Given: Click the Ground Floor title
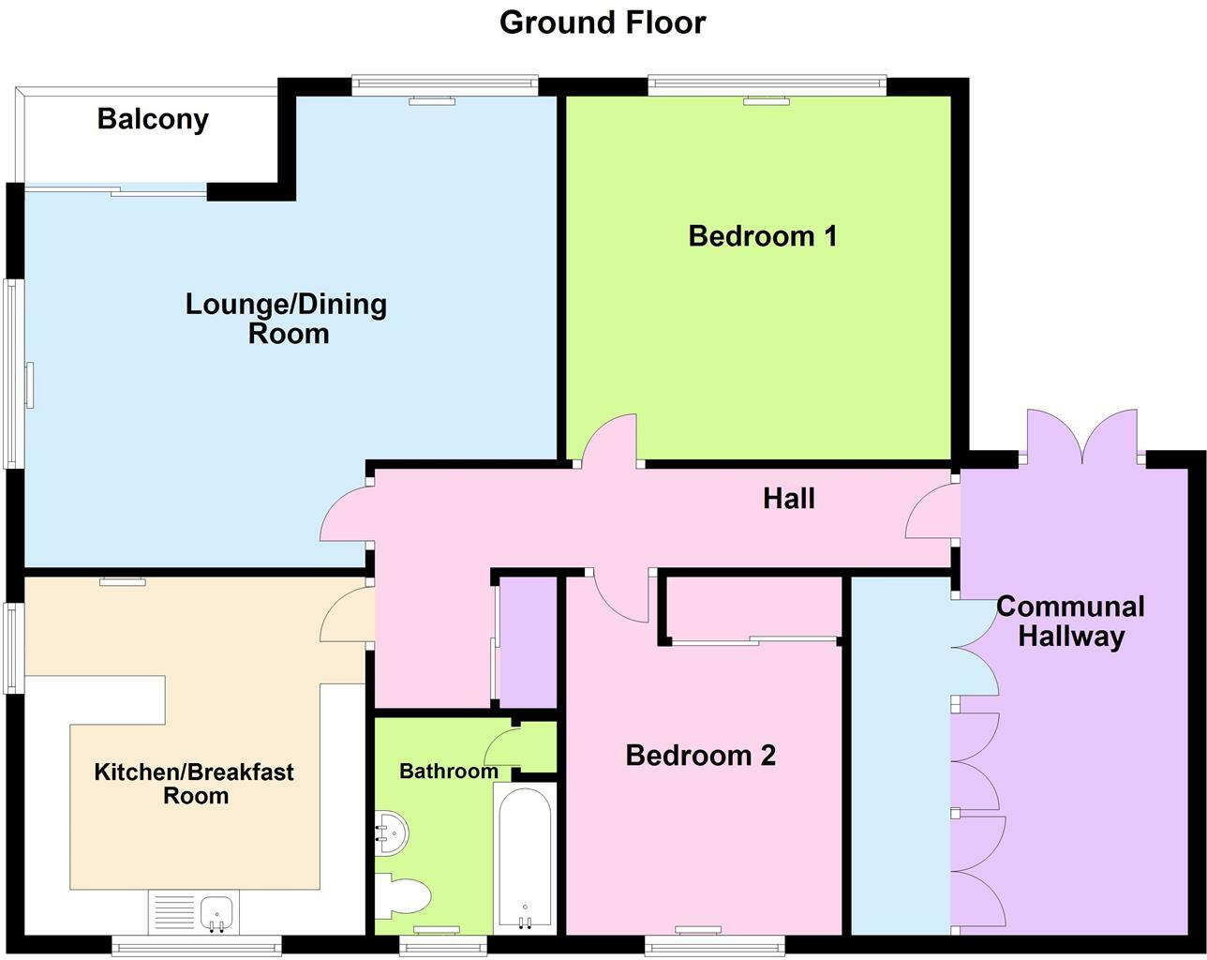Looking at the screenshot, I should pos(603,22).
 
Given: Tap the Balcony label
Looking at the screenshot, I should pos(153,119).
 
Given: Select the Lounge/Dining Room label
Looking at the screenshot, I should pos(287,319).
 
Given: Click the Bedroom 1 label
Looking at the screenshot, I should pos(762,235).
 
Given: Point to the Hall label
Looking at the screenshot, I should pos(788,498).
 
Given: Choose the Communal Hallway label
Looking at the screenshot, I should pos(1070,622).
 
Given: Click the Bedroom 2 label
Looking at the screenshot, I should pos(700,755).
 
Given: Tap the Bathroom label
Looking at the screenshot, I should pos(448,771).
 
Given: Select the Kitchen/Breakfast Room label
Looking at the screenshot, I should pos(194,784).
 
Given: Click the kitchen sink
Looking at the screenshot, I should pos(216,910).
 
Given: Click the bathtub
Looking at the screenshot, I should pos(524,858).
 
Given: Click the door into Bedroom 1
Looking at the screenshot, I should pos(609,441).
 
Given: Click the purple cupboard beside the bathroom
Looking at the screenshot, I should pos(528,642).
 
